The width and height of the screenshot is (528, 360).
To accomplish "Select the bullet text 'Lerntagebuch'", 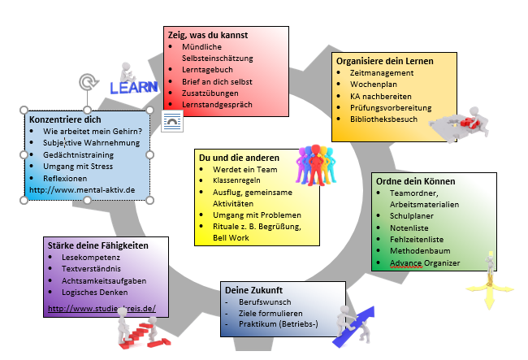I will pos(206,70).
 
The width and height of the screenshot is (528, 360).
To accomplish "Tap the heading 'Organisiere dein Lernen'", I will pos(385,61).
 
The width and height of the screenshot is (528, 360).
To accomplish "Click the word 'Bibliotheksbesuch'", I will pos(384,119).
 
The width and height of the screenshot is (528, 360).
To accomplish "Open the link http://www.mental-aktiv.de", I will pos(82,190).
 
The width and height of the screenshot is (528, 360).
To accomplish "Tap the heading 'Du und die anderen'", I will pos(240,157).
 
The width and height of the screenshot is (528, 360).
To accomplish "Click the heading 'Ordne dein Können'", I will pos(415,180).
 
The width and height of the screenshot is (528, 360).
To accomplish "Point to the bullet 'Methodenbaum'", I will pos(420,252).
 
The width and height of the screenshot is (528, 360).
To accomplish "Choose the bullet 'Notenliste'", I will pos(410,229).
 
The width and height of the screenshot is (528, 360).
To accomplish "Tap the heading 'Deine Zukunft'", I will pos(253,290).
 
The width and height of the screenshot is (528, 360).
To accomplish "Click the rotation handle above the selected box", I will pos(86,82).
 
